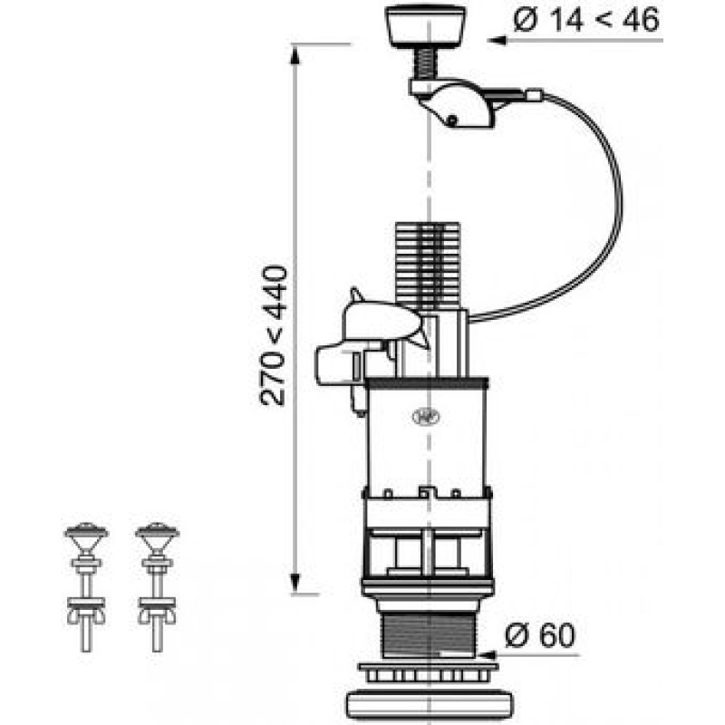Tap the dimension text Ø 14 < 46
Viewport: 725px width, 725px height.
pyautogui.click(x=585, y=20)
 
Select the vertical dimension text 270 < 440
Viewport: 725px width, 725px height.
pyautogui.click(x=274, y=335)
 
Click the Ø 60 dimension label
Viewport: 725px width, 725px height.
pyautogui.click(x=540, y=635)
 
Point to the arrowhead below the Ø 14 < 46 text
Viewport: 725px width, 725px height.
pyautogui.click(x=496, y=41)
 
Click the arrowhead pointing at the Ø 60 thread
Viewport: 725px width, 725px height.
pyautogui.click(x=487, y=655)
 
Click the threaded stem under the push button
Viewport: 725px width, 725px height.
pyautogui.click(x=425, y=63)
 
